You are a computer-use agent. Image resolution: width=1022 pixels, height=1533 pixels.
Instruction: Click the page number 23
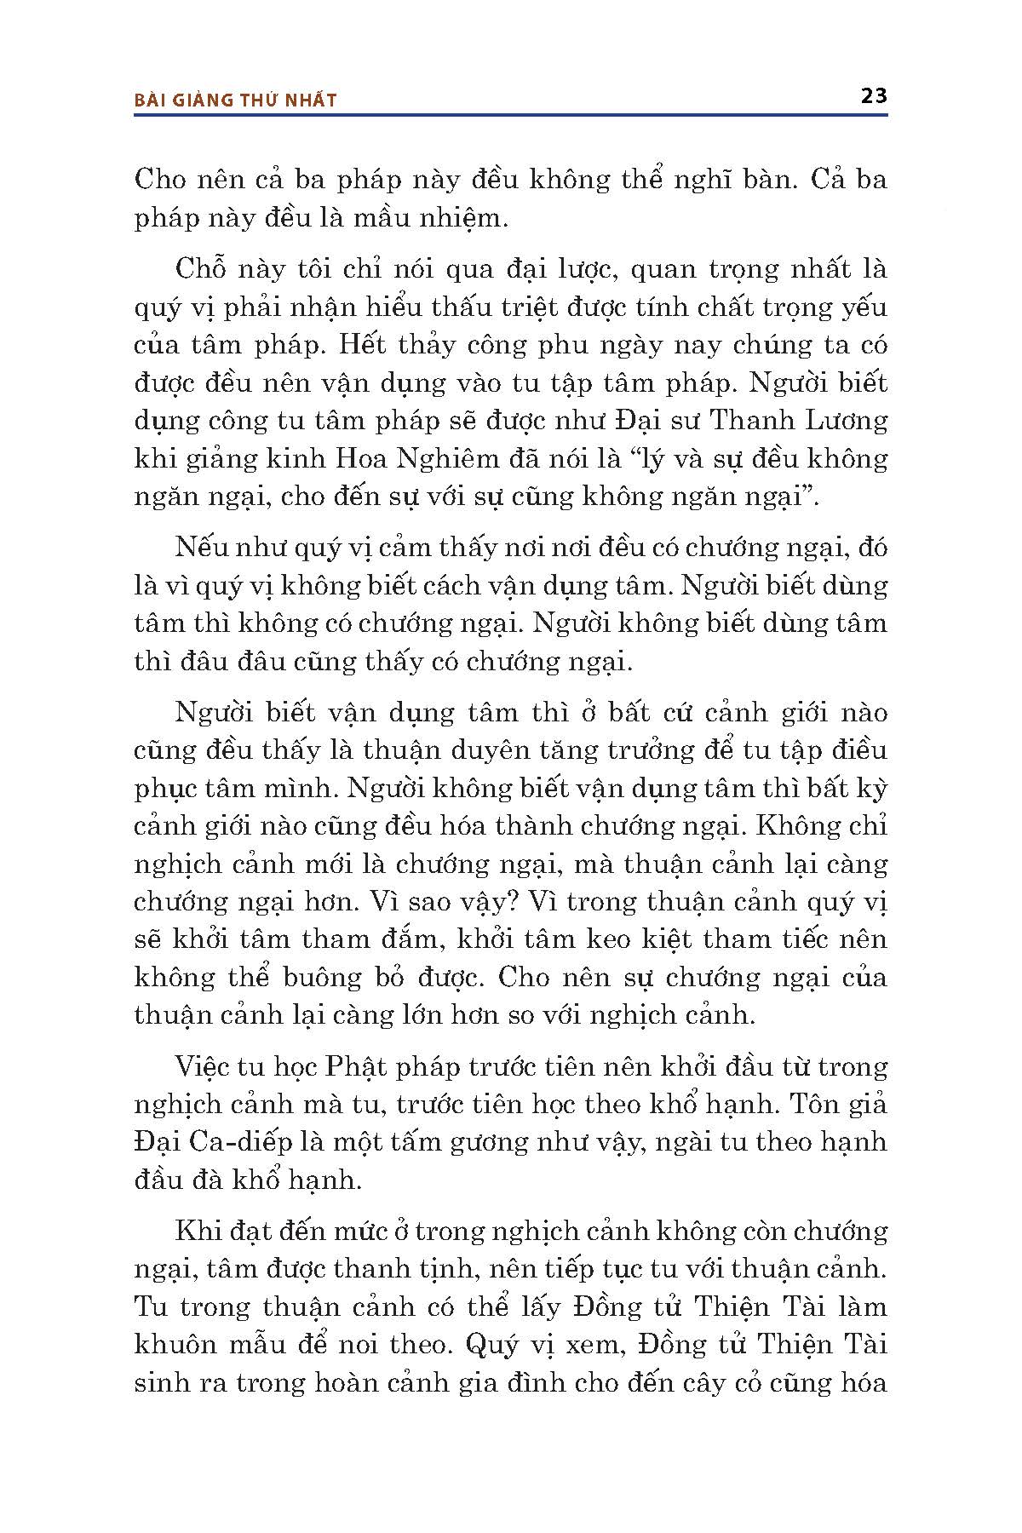click(874, 95)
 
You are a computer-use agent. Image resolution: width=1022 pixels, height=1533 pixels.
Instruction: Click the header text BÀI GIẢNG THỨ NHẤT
click(236, 100)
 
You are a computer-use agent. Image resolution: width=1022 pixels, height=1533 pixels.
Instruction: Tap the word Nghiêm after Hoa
click(445, 458)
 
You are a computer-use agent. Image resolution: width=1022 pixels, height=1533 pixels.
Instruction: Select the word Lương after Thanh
click(846, 421)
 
